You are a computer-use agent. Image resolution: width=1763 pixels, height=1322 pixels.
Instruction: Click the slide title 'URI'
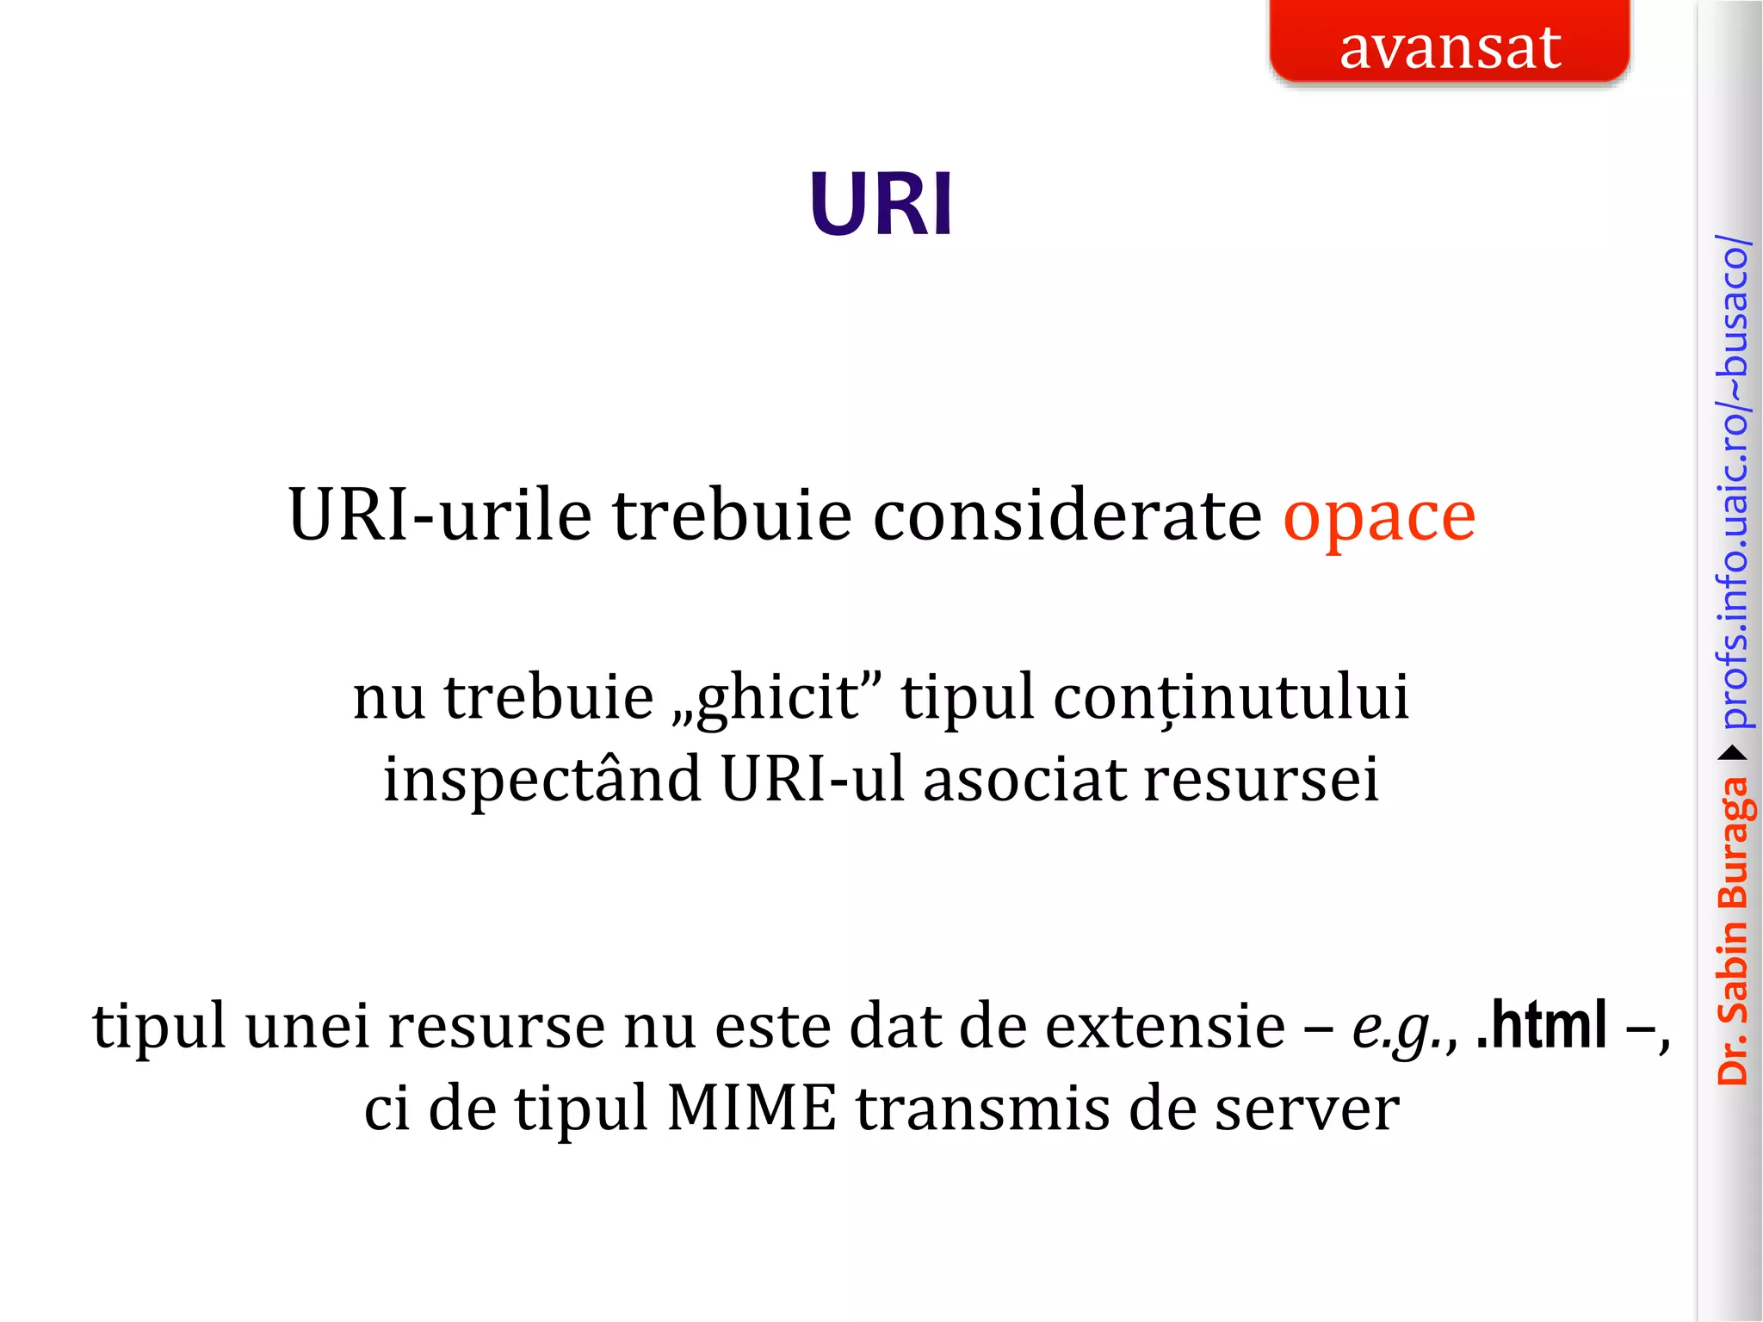pos(881,205)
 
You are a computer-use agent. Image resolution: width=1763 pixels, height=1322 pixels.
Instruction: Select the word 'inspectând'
pos(542,780)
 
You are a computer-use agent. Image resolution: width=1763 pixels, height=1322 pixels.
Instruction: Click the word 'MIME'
pos(752,1109)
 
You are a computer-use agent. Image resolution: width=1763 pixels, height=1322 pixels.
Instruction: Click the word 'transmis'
pos(982,1109)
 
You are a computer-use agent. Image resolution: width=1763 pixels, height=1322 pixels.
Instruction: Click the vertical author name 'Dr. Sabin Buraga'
pos(1732,930)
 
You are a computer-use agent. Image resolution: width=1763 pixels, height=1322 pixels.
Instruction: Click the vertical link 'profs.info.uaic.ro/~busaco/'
pos(1732,482)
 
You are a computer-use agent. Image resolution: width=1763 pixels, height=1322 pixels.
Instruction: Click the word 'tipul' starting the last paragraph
pos(159,1028)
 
